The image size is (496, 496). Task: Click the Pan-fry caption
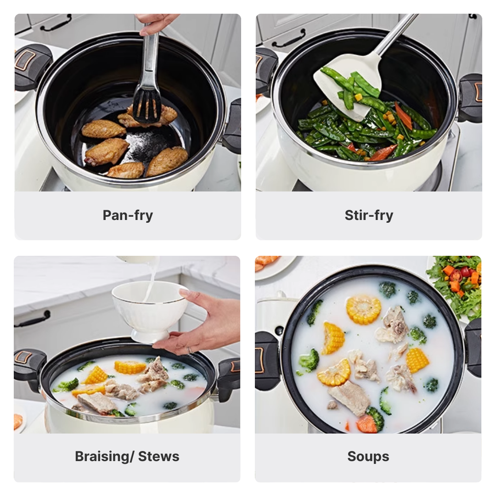128,215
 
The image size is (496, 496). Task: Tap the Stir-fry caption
369,215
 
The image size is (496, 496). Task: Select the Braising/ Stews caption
127,457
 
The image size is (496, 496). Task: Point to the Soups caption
368,457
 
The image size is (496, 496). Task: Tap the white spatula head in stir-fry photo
348,85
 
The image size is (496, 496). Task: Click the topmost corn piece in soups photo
363,310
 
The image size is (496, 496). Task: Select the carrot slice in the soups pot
367,423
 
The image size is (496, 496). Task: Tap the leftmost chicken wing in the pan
103,129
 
